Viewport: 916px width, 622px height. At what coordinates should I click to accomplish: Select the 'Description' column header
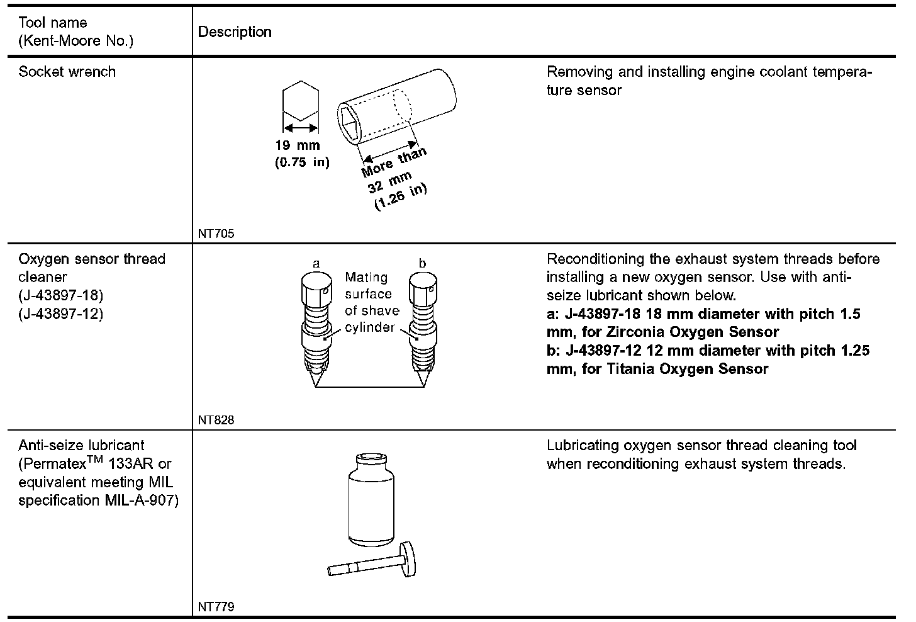[x=235, y=32]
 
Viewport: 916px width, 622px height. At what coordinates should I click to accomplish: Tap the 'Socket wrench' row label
[x=67, y=72]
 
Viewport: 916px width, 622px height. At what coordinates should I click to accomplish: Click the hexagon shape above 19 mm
[x=301, y=101]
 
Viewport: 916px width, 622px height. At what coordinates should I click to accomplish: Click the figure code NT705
[x=216, y=234]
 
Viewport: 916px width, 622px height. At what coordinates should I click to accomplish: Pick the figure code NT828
[x=216, y=420]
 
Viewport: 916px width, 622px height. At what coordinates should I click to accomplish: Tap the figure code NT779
[x=216, y=607]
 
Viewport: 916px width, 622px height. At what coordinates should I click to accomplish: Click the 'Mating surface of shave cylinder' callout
[x=371, y=302]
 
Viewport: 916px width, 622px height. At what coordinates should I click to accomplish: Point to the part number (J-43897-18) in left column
[x=60, y=295]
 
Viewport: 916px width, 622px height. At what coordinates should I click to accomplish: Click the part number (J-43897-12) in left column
[x=60, y=314]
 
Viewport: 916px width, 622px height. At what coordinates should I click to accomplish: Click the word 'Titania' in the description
[x=632, y=369]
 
